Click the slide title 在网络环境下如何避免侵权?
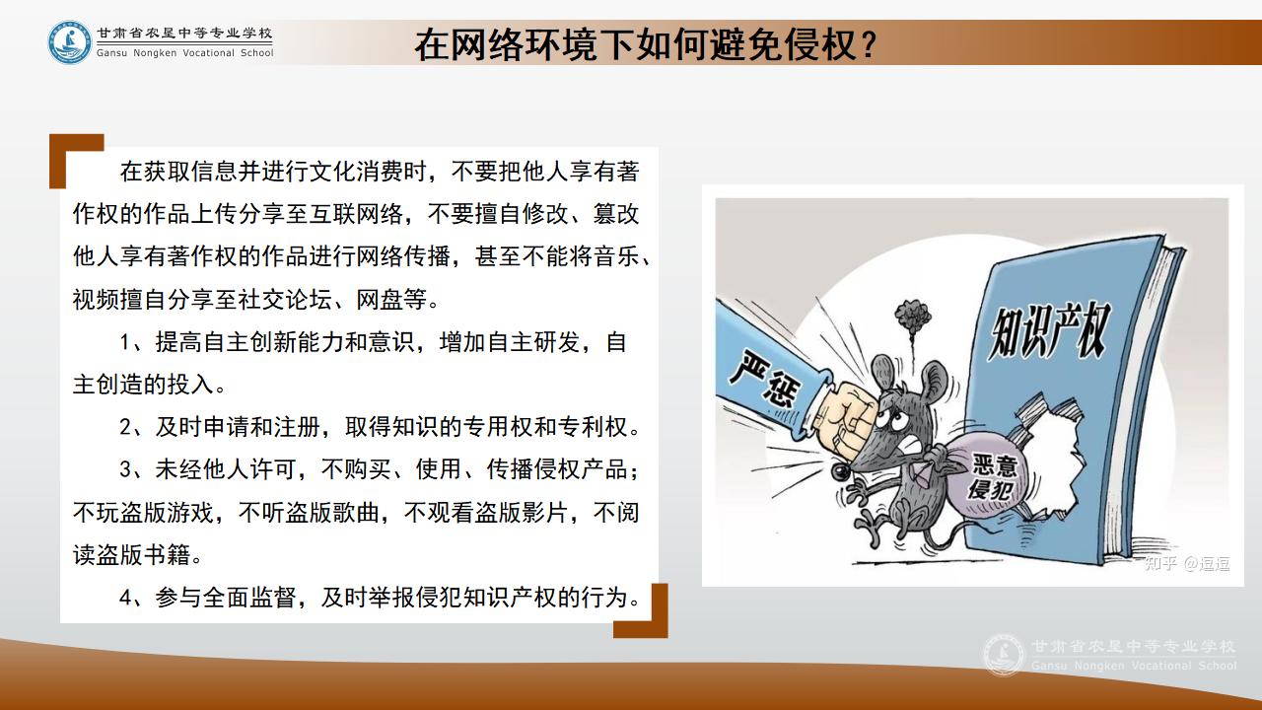pyautogui.click(x=646, y=44)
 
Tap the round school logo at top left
pyautogui.click(x=69, y=42)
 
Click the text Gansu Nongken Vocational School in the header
pyautogui.click(x=184, y=53)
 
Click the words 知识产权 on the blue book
pyautogui.click(x=1049, y=330)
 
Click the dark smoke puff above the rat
pyautogui.click(x=912, y=316)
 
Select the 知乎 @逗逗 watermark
pyautogui.click(x=1186, y=563)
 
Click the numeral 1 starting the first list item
pyautogui.click(x=125, y=342)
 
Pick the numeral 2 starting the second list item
pyautogui.click(x=125, y=427)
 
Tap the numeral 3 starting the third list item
pyautogui.click(x=125, y=469)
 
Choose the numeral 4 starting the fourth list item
pyautogui.click(x=125, y=598)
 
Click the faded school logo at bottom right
pyautogui.click(x=1004, y=655)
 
